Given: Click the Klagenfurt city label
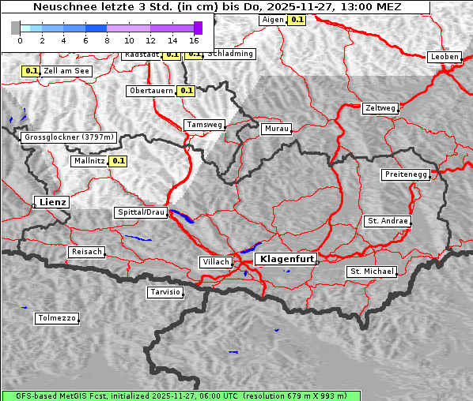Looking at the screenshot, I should tap(288, 258).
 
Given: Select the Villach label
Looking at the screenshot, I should tap(215, 261).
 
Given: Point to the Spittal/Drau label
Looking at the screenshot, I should tap(141, 212).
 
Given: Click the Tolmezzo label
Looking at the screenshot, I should tap(57, 318).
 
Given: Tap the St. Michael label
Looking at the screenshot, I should tap(372, 272).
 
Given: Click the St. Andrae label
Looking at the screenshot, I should tap(388, 221).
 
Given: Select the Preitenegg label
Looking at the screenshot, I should tap(407, 174).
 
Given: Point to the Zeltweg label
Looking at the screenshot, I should tap(380, 107).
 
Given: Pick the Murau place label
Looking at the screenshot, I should tap(277, 128).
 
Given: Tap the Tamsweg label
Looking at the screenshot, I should tap(205, 125).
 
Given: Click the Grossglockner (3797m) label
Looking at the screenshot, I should tap(70, 137).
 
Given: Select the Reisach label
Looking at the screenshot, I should tap(87, 252).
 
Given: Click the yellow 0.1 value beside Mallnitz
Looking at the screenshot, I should tap(119, 161).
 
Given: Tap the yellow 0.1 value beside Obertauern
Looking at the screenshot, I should tap(186, 91).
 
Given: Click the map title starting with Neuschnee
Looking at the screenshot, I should tap(217, 7).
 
